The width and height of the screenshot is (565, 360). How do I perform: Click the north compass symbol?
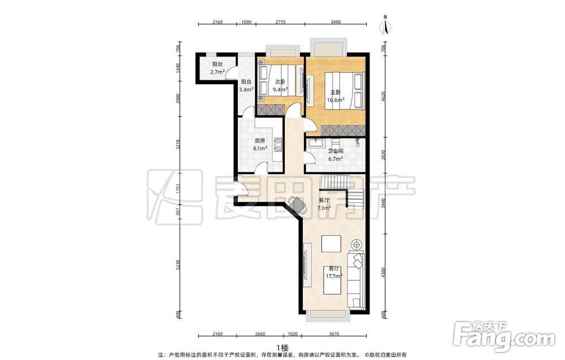click(x=385, y=25)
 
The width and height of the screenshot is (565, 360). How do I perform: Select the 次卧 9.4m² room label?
click(x=280, y=85)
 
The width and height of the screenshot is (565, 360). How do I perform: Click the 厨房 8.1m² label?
click(x=260, y=144)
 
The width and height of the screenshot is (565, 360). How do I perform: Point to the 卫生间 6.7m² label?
click(x=335, y=155)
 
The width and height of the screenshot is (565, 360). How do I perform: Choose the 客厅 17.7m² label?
click(x=333, y=272)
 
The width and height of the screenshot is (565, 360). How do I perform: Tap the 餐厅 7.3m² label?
click(x=324, y=204)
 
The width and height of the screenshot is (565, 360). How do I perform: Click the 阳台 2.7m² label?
click(x=218, y=68)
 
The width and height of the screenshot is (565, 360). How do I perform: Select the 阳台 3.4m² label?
click(x=246, y=85)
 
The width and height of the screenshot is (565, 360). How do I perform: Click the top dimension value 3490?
click(x=336, y=22)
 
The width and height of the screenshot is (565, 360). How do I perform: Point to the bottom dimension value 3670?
click(x=334, y=334)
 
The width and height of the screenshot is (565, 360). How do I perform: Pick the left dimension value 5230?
click(x=177, y=266)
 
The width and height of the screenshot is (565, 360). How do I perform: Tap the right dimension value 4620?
click(x=384, y=96)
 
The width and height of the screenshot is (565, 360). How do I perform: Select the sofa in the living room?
click(x=356, y=280)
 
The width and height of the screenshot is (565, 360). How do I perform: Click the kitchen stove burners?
click(x=278, y=144)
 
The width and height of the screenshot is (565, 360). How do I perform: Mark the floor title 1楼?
click(x=283, y=348)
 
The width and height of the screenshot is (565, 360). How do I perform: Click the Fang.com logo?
click(x=504, y=337)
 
